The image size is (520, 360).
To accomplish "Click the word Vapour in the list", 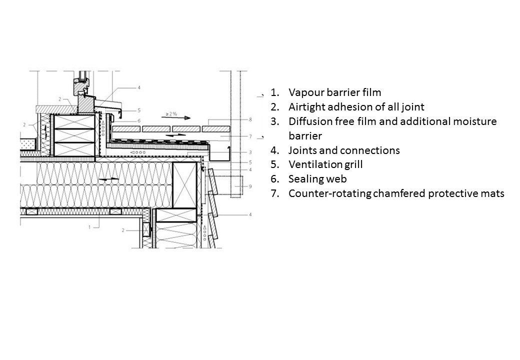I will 305,92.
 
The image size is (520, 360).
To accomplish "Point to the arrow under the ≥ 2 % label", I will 179,118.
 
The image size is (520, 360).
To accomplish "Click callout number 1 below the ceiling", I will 89,226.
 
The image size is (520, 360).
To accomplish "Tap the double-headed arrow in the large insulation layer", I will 109,178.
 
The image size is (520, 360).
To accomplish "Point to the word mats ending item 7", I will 492,193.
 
